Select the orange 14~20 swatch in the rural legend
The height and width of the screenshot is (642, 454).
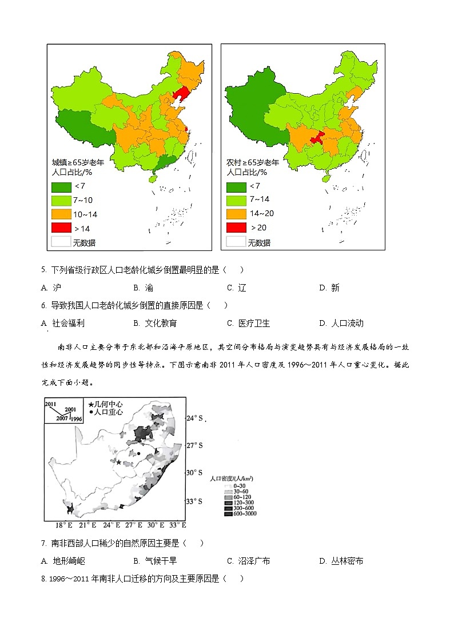(x=236, y=213)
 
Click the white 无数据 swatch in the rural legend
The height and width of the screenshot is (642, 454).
(x=236, y=241)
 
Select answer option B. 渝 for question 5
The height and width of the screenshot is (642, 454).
(x=143, y=288)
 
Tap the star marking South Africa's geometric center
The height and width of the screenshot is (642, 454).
(x=119, y=462)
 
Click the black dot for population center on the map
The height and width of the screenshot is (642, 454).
(x=138, y=454)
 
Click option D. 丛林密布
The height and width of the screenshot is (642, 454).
(x=341, y=561)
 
